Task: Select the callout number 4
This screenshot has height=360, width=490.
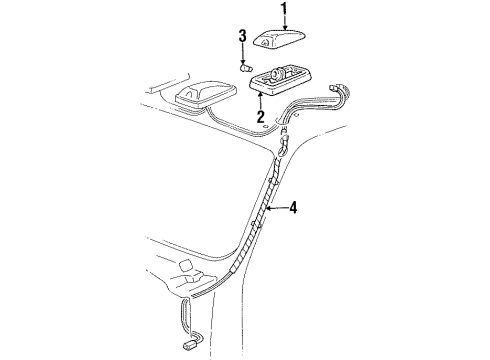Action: click(x=293, y=208)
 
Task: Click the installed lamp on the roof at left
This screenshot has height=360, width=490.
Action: click(x=198, y=96)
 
